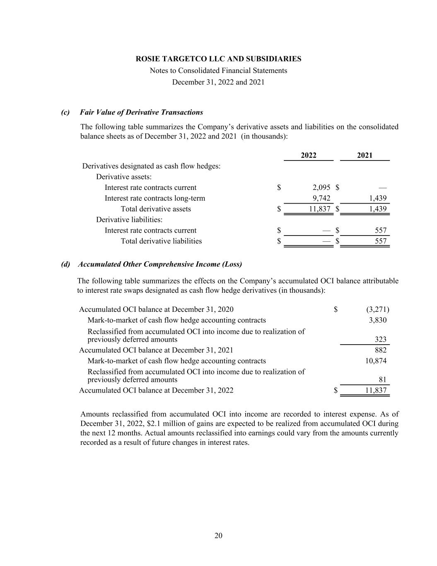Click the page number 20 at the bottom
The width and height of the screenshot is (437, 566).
coord(218,535)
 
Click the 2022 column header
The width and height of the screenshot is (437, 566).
coord(308,155)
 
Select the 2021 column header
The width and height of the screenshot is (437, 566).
coord(365,155)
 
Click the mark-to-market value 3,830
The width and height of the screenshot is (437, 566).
coord(377,320)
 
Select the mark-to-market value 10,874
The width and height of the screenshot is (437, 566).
coord(376,361)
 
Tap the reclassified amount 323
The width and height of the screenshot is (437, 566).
coord(380,339)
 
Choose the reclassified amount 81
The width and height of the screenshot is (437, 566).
coord(382,380)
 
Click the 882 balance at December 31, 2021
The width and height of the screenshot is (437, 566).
coord(380,350)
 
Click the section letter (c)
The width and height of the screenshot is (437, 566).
coord(65,112)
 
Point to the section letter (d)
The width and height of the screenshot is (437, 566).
coord(65,264)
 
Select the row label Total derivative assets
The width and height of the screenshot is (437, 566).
coord(156,209)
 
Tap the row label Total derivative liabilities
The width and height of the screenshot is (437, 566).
coord(161,241)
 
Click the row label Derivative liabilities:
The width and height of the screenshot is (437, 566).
coord(129,220)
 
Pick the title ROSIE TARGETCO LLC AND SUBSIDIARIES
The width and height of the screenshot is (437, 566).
coord(218,59)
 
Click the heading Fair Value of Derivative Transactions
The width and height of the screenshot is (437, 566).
coord(141,112)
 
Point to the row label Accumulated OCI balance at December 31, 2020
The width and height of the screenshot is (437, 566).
coord(156,309)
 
